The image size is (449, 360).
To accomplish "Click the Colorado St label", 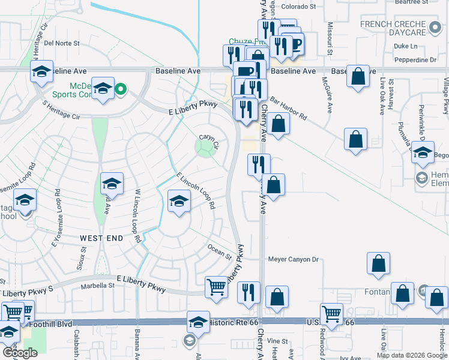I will (x=299, y=7).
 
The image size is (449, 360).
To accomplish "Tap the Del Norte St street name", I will (x=62, y=43).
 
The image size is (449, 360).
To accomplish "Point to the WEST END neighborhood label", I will (x=101, y=238).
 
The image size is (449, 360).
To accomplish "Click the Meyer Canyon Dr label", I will (x=294, y=260).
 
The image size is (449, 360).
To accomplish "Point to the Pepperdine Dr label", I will (x=416, y=60).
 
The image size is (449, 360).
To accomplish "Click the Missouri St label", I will (x=330, y=39).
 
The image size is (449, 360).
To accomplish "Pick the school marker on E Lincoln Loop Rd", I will (x=178, y=201).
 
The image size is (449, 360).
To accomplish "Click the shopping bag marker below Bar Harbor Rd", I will (x=279, y=124).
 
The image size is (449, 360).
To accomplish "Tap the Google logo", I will (x=20, y=353).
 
